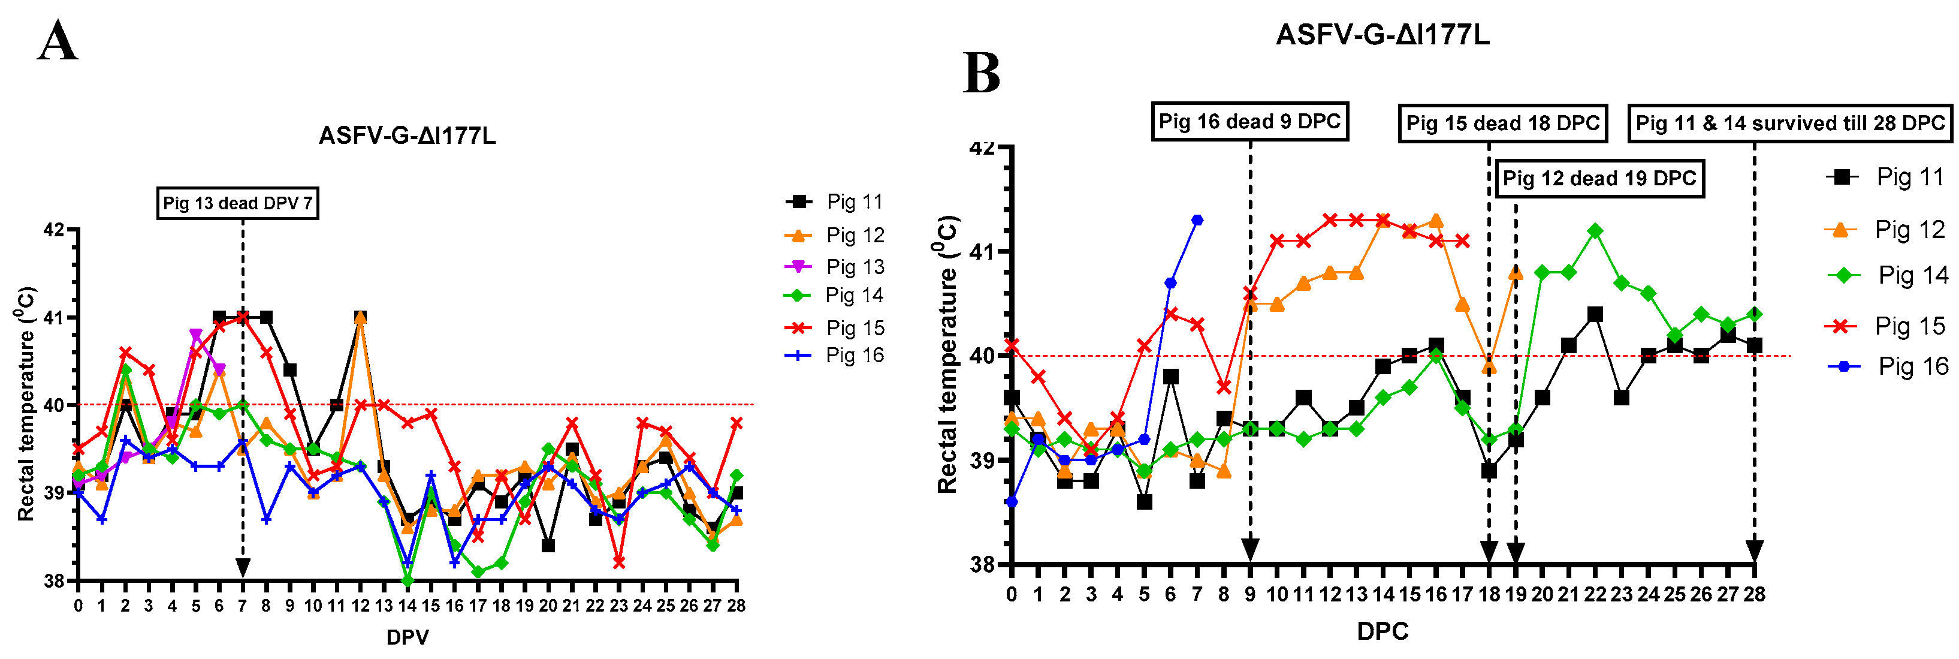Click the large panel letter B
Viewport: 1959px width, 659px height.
coord(981,74)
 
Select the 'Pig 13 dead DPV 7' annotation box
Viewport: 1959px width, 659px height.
coord(237,203)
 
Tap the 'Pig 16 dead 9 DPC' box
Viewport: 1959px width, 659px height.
coord(1249,122)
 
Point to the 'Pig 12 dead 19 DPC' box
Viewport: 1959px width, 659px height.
coord(1599,179)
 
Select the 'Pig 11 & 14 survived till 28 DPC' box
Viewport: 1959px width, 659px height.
coord(1789,124)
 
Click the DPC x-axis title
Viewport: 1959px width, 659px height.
coord(1383,631)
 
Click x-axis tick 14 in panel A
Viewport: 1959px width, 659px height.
coord(407,606)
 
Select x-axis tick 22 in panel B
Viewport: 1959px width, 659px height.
coord(1595,594)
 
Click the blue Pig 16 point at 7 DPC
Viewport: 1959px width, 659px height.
coord(1197,221)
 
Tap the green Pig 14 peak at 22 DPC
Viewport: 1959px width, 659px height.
coord(1595,231)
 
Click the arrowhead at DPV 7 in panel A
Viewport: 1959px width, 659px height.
coord(243,567)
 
